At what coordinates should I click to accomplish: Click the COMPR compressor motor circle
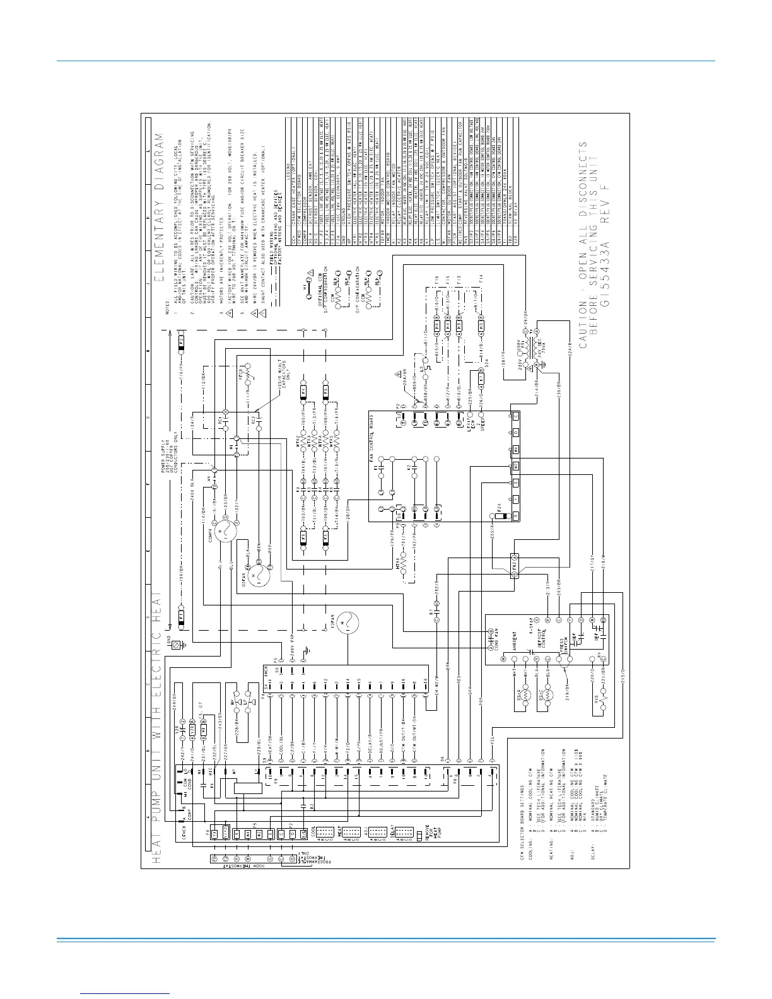tap(224, 532)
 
